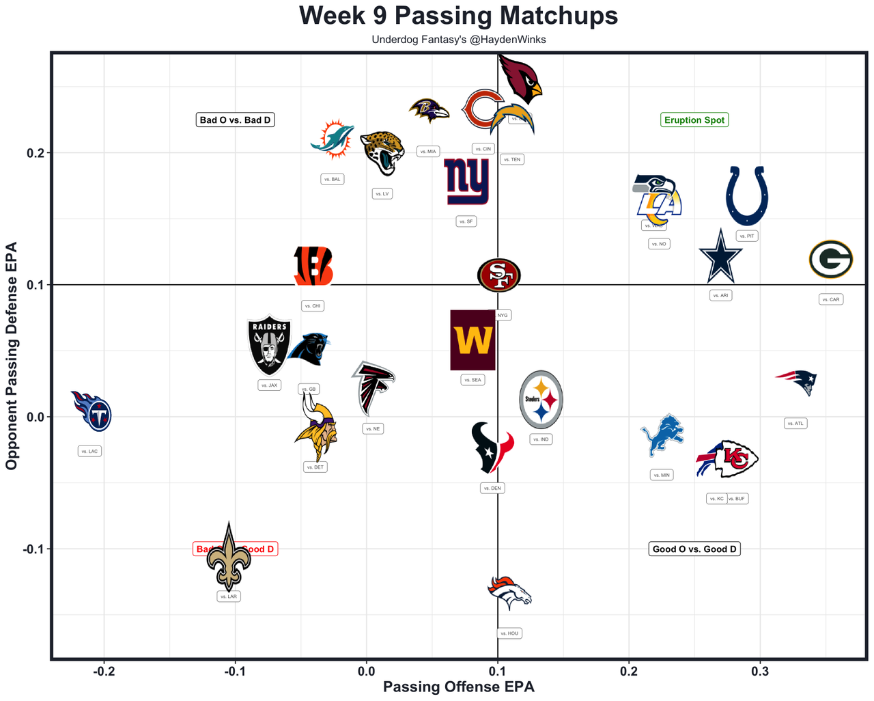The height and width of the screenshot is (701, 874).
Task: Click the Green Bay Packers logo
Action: click(830, 260)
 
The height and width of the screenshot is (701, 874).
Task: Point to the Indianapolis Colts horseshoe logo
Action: click(747, 195)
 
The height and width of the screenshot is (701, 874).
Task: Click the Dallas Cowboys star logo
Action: click(720, 257)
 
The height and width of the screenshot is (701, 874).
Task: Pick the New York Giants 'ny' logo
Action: click(467, 182)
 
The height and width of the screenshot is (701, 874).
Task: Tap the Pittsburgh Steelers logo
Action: click(541, 400)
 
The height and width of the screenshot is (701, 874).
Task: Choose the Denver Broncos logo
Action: click(510, 593)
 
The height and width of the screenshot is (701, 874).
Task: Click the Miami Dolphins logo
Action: click(333, 139)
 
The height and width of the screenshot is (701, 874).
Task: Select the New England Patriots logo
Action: click(796, 381)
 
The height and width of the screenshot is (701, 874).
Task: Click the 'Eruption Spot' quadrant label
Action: click(694, 120)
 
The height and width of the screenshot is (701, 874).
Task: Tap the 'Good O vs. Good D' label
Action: click(694, 549)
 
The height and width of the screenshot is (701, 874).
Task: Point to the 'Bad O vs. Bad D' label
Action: click(235, 120)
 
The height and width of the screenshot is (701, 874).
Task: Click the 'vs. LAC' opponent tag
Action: click(89, 451)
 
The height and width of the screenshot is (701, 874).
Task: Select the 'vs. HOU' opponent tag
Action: click(509, 633)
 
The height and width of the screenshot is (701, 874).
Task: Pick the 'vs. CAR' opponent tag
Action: click(831, 299)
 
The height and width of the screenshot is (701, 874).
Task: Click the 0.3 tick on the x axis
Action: click(760, 672)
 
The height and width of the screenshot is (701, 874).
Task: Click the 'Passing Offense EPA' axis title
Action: click(459, 687)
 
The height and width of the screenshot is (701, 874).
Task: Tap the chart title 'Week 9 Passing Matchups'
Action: click(459, 16)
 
